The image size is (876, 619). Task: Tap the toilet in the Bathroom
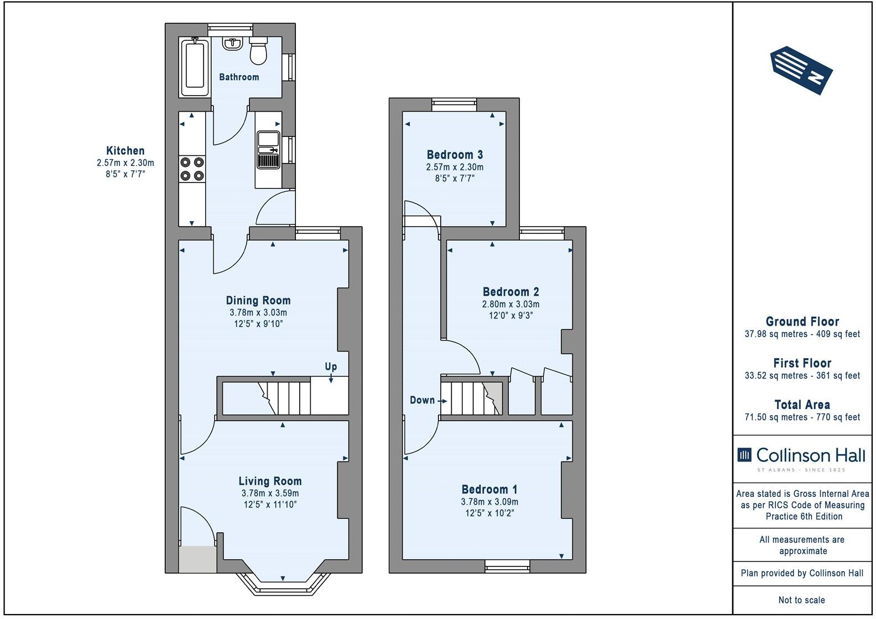pos(258,51)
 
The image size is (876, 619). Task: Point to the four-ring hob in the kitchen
pos(192,169)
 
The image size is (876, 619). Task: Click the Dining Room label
pos(258,301)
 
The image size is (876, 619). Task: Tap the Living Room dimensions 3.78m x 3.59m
pos(270,493)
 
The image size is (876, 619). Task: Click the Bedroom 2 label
pos(510,292)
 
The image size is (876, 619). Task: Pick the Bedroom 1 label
pos(489,489)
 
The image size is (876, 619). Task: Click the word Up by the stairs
pos(331,367)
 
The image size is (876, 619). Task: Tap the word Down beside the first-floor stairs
pos(422,400)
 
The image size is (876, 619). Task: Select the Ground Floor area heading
pos(802,322)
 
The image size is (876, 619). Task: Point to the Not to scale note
pos(802,600)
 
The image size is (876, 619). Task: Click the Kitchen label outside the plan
pos(126,150)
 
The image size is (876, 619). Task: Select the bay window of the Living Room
pos(283,586)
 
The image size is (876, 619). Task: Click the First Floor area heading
pos(802,363)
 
